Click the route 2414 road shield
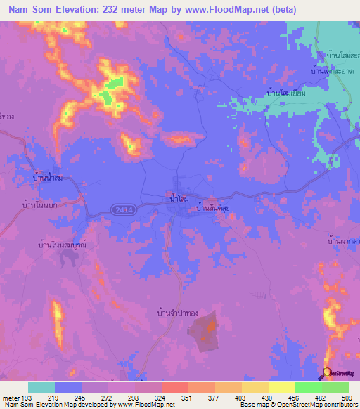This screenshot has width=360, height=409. point(121,209)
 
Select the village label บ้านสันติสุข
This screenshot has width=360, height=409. point(214,208)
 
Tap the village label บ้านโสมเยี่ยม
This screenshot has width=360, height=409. point(285,91)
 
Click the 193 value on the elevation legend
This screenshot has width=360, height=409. point(27,398)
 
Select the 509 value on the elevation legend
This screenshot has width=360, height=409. point(347,398)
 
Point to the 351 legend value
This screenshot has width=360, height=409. point(188,398)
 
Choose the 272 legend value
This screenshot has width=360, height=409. point(108,398)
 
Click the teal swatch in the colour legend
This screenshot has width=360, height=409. point(41,387)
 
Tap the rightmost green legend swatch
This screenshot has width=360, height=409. point(335,387)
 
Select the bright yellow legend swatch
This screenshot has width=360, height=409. point(281,387)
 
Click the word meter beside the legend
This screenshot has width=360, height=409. point(11,398)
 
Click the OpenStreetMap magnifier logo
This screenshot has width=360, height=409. point(326,374)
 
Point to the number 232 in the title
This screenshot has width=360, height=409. point(120,10)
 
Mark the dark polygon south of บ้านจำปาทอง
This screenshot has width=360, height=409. point(205,331)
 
